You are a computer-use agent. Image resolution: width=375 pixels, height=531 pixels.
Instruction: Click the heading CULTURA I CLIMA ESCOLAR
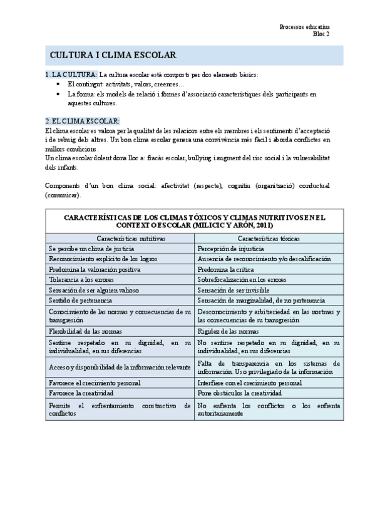[113, 56]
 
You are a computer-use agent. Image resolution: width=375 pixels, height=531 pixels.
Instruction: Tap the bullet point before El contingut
[58, 85]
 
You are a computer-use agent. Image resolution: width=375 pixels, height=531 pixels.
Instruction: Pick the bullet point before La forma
[58, 94]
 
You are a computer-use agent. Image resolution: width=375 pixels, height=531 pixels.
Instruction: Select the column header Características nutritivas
[120, 239]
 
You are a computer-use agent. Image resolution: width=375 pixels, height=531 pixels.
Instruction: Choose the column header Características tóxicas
[269, 239]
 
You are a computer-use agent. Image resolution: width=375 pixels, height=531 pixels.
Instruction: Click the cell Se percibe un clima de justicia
[91, 249]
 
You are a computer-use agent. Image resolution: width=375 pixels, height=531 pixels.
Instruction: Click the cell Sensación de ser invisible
[233, 290]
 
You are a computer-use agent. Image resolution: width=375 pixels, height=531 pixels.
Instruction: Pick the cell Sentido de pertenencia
[80, 301]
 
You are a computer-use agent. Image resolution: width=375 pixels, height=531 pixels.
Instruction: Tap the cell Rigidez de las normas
[227, 331]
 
